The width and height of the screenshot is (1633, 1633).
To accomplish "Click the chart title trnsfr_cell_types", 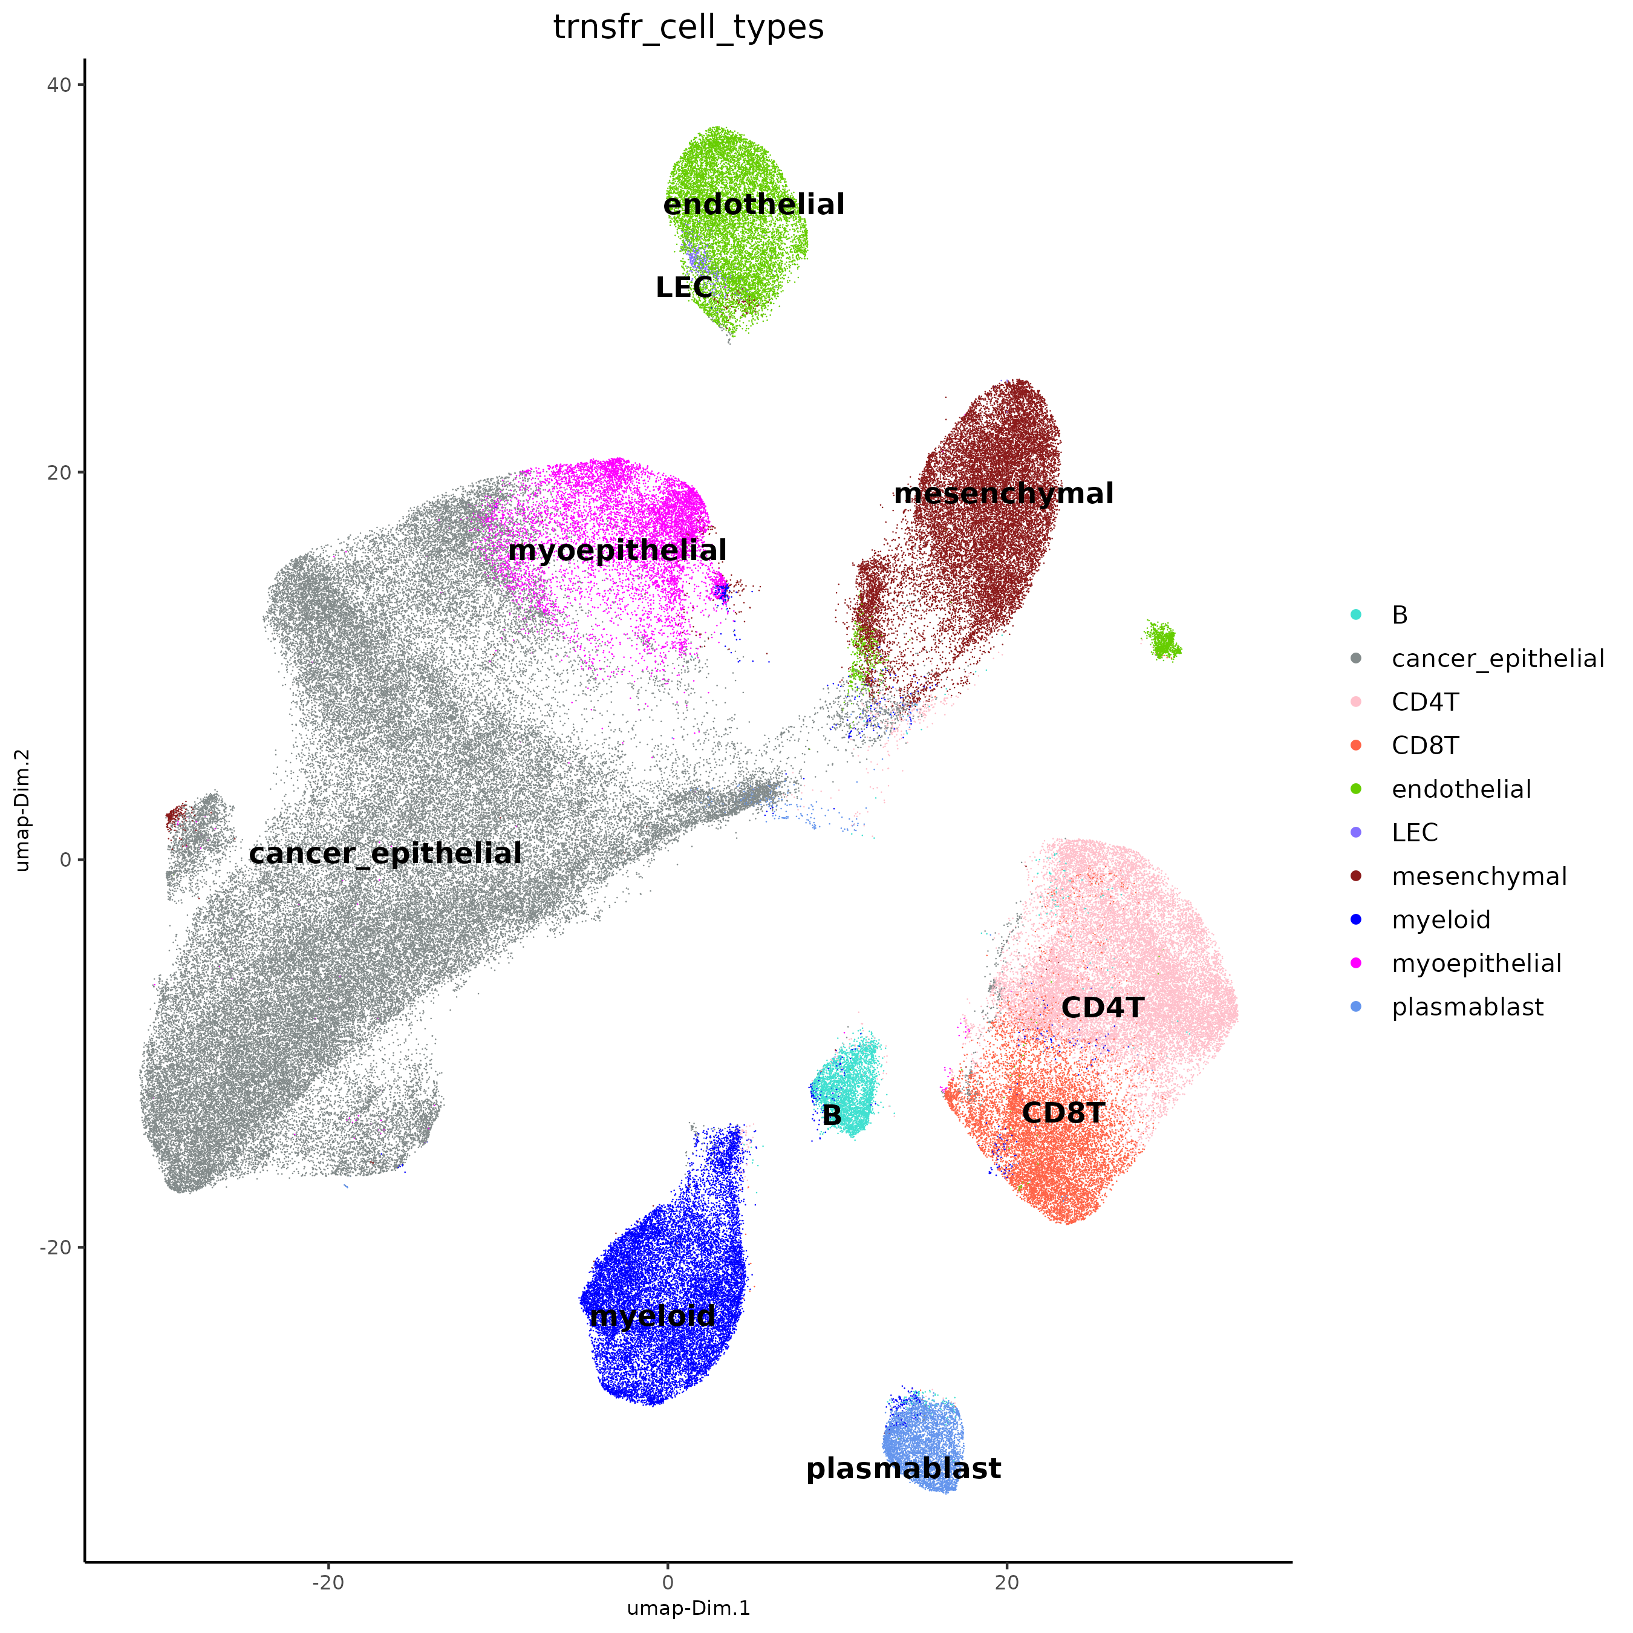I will pyautogui.click(x=688, y=27).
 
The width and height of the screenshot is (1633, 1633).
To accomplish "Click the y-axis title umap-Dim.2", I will pyautogui.click(x=23, y=810).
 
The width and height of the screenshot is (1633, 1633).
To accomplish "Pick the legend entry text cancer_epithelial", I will pyautogui.click(x=1498, y=659).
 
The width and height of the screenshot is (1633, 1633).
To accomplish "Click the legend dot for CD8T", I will pyautogui.click(x=1356, y=746).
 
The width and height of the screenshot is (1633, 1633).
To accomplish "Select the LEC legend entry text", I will pyautogui.click(x=1414, y=833).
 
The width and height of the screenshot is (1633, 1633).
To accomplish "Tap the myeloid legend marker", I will pyautogui.click(x=1356, y=919).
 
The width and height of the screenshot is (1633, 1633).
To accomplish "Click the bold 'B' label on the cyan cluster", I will pyautogui.click(x=832, y=1116).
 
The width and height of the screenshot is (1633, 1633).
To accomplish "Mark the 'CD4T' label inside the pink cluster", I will pyautogui.click(x=1102, y=1008).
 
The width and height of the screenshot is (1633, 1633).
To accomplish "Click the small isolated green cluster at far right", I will pyautogui.click(x=1163, y=642).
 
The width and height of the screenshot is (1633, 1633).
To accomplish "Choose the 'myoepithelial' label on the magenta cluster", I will pyautogui.click(x=617, y=551).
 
